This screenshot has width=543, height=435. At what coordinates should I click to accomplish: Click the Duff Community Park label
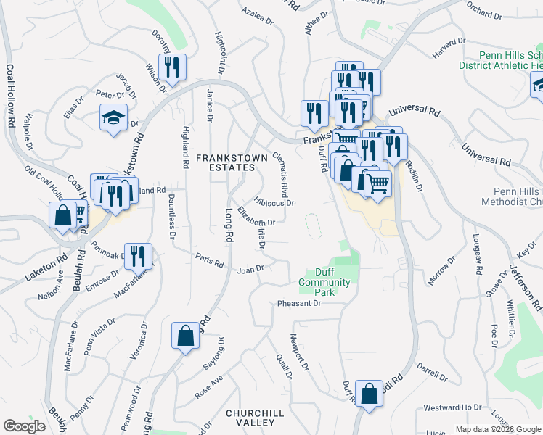[x=324, y=283]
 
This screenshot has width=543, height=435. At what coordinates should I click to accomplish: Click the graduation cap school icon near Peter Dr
[x=114, y=119]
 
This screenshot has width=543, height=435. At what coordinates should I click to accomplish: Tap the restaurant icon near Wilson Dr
[x=172, y=68]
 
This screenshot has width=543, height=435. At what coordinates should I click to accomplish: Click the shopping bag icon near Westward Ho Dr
[x=370, y=394]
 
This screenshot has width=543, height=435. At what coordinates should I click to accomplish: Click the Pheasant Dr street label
[x=298, y=303]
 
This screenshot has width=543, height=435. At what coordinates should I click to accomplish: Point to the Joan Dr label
[x=250, y=269]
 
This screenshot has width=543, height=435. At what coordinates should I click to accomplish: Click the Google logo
[x=25, y=426]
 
